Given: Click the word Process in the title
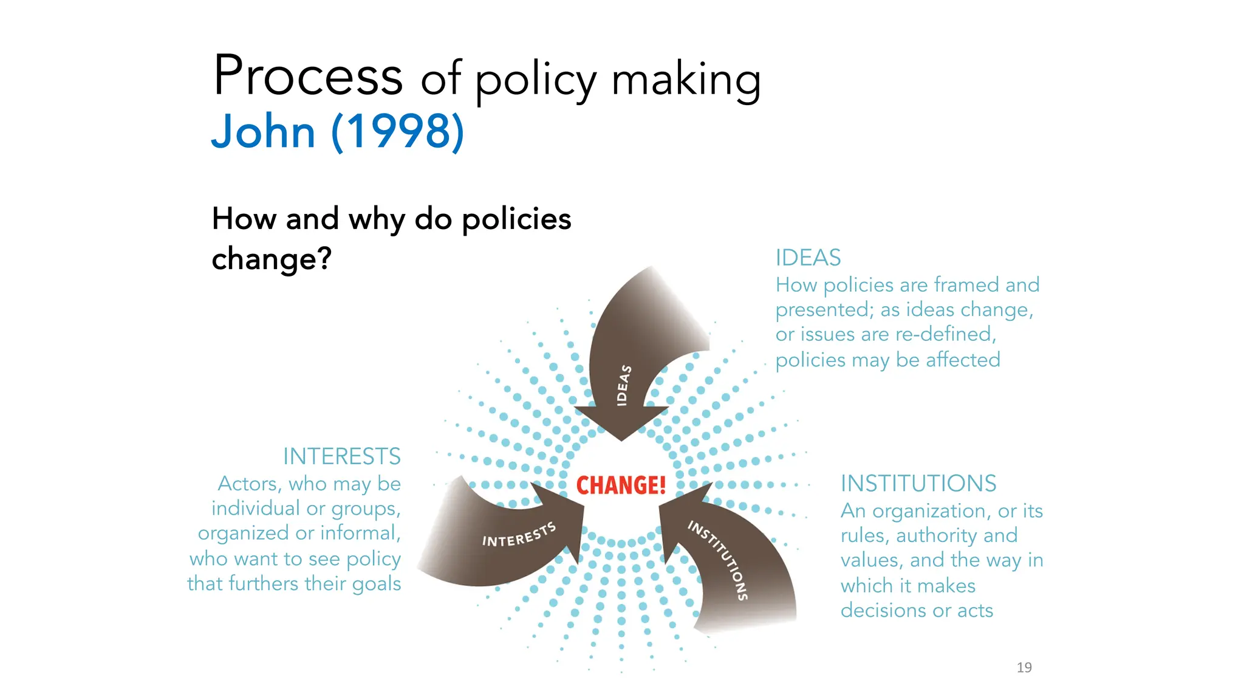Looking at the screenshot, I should pyautogui.click(x=308, y=76).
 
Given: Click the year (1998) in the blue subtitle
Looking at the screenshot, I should pyautogui.click(x=398, y=131).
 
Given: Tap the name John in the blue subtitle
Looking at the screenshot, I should pyautogui.click(x=263, y=131).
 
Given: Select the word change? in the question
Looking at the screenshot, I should pyautogui.click(x=272, y=259).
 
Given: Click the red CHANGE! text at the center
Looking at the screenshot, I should pyautogui.click(x=621, y=486).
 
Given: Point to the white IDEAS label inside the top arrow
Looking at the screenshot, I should pyautogui.click(x=623, y=385).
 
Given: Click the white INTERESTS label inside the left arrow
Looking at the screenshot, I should pyautogui.click(x=519, y=535).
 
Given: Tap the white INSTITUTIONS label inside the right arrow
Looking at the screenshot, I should pyautogui.click(x=718, y=559).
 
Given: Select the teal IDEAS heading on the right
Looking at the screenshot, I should pyautogui.click(x=808, y=258).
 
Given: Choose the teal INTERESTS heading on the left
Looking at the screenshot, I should pyautogui.click(x=341, y=456).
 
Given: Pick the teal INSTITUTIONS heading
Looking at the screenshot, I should pyautogui.click(x=918, y=484).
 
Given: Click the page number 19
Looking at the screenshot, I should pyautogui.click(x=1024, y=667).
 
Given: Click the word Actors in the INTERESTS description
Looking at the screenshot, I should pyautogui.click(x=247, y=484).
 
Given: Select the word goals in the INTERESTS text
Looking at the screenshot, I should pyautogui.click(x=377, y=584).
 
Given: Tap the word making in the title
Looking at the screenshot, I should pyautogui.click(x=686, y=80).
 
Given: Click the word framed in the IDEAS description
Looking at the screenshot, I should pyautogui.click(x=966, y=284).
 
